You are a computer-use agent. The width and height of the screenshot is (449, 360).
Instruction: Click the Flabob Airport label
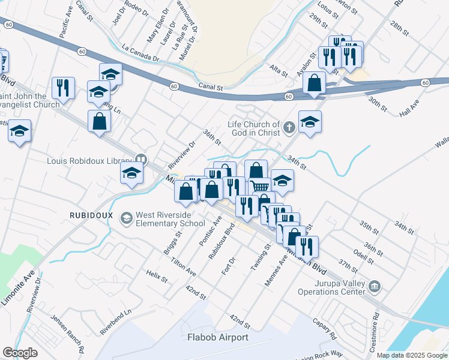pyautogui.click(x=217, y=337)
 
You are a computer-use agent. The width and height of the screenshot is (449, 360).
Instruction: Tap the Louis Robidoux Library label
pyautogui.click(x=89, y=160)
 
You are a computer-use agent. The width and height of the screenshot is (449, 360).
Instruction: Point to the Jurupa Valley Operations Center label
pyautogui.click(x=331, y=287)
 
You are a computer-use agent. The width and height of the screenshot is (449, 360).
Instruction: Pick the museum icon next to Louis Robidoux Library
pyautogui.click(x=141, y=160)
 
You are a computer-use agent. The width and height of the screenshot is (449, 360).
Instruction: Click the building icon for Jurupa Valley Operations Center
pyautogui.click(x=375, y=287)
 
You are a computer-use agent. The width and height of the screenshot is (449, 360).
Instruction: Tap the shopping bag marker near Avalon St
pyautogui.click(x=315, y=83)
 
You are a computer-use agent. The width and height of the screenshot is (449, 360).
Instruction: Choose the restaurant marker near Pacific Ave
pyautogui.click(x=63, y=88)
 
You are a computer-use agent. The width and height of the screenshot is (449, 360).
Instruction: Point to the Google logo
pyautogui.click(x=20, y=353)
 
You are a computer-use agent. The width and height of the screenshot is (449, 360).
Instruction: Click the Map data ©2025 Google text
pyautogui.click(x=412, y=355)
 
